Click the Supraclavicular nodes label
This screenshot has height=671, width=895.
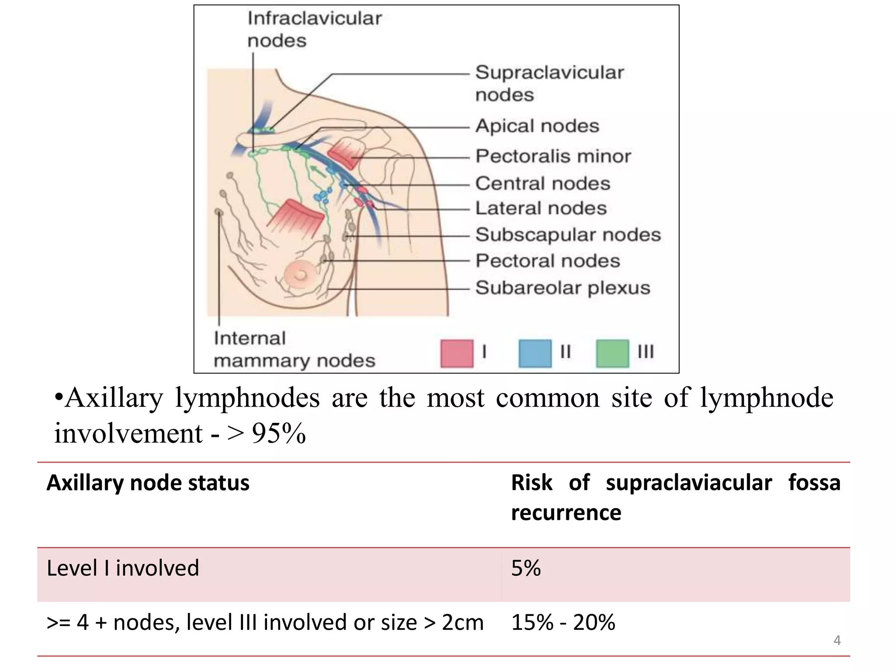click(x=549, y=83)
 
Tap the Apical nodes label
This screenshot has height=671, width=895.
click(x=537, y=126)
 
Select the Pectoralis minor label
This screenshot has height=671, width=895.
click(x=553, y=156)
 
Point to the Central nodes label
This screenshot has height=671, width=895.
click(x=542, y=183)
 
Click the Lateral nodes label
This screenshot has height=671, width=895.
click(x=541, y=208)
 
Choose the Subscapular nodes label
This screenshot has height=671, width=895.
click(x=568, y=235)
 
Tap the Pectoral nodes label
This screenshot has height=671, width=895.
click(x=548, y=261)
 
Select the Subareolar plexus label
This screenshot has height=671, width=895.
click(x=562, y=288)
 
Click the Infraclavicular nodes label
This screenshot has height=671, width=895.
click(x=314, y=29)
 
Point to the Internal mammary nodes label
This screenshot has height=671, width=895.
click(x=294, y=349)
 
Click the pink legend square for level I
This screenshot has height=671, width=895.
click(x=457, y=353)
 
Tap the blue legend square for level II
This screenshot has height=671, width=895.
click(x=535, y=353)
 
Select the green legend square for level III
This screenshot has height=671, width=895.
click(x=612, y=353)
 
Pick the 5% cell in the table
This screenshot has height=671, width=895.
click(x=526, y=568)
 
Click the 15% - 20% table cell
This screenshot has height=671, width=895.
click(x=563, y=623)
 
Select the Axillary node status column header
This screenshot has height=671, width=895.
click(x=148, y=483)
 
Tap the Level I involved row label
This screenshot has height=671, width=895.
click(x=123, y=568)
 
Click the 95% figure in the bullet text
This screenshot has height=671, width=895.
click(x=278, y=434)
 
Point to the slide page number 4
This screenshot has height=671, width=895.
click(x=837, y=640)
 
